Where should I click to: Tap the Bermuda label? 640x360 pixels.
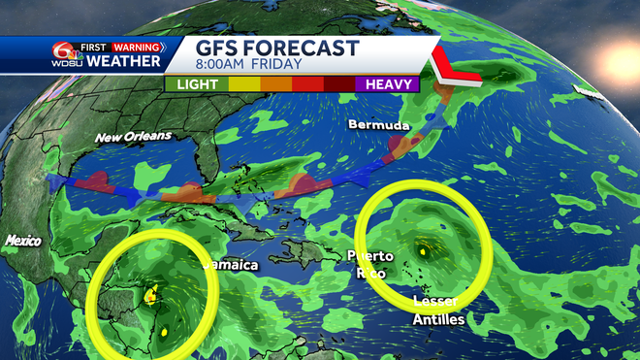coord(379,126)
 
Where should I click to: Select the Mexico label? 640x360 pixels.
coord(22,240)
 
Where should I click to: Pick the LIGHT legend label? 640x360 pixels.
coord(197,84)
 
